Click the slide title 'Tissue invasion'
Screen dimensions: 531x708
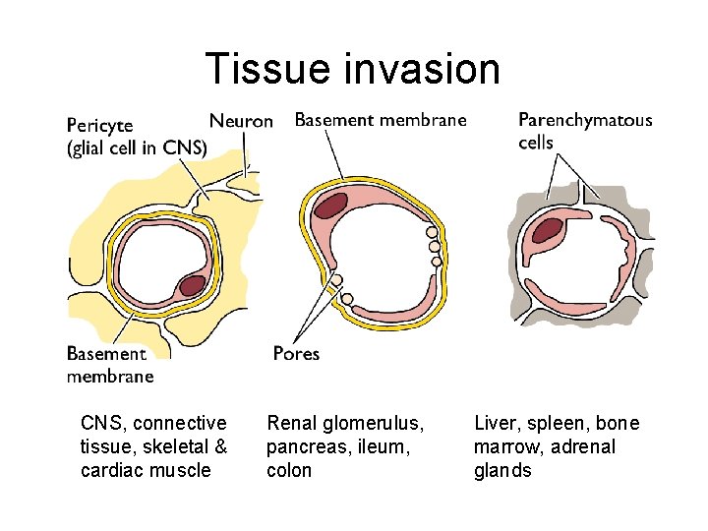pos(353,70)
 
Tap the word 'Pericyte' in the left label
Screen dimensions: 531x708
pos(100,127)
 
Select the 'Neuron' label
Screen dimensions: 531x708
pos(241,121)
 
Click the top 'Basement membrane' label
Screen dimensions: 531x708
pos(381,120)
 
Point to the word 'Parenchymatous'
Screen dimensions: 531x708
pos(585,120)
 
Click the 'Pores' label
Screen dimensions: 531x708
pos(296,353)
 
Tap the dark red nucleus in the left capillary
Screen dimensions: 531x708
pos(192,285)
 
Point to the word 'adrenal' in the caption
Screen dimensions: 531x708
pos(587,447)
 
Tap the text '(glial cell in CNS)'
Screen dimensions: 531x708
pos(137,148)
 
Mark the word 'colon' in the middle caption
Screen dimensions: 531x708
pos(289,470)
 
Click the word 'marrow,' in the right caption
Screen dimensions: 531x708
pos(508,447)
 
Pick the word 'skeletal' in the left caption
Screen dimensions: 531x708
pos(171,447)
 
